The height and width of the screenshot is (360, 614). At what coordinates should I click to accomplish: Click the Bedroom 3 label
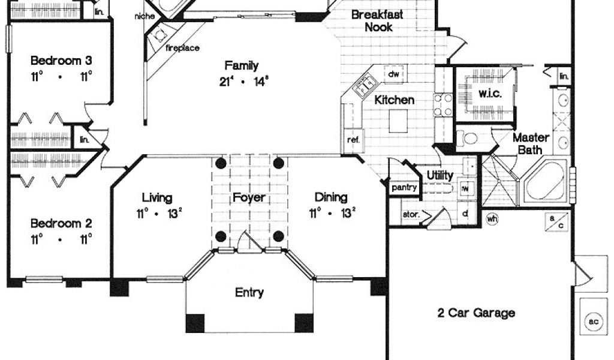(x=61, y=61)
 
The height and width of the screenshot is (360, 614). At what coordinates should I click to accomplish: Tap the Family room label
(x=241, y=65)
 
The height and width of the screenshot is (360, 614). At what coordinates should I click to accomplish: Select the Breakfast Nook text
(x=377, y=21)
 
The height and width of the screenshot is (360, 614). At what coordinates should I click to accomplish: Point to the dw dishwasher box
(x=394, y=74)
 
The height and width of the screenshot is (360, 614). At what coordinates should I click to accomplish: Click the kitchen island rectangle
(x=398, y=121)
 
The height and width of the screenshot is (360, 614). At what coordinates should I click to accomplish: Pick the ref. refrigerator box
(x=354, y=140)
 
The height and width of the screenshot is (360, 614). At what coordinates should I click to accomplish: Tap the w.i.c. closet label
(x=490, y=94)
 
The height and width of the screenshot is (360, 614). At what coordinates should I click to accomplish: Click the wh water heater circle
(x=492, y=219)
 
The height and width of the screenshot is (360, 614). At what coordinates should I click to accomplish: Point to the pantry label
(x=404, y=188)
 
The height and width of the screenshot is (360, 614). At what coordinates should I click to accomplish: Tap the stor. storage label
(x=411, y=215)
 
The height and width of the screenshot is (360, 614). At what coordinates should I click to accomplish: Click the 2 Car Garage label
(x=475, y=313)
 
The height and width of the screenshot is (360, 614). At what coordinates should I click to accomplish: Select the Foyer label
(x=249, y=198)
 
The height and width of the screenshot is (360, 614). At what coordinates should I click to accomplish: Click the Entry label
(x=249, y=293)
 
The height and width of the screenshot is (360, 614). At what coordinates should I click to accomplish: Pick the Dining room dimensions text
(x=332, y=213)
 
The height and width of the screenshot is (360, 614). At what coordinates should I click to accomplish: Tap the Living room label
(x=157, y=198)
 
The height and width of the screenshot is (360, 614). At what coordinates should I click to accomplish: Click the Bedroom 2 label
(x=61, y=223)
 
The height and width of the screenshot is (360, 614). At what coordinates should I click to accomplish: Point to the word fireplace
(x=182, y=48)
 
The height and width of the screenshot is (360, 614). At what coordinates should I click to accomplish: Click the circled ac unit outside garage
(x=594, y=322)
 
